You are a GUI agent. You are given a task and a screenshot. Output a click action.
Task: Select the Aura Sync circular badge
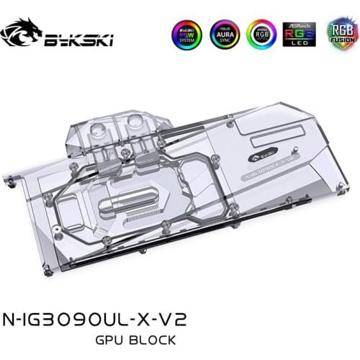tap(222, 35)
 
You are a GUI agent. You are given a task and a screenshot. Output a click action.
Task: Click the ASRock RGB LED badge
tap(299, 35)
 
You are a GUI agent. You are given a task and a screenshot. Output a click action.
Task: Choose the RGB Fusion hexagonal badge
tap(339, 35)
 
